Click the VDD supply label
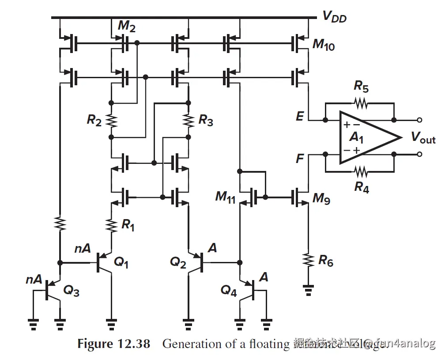(x=334, y=17)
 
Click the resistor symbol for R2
(x=111, y=120)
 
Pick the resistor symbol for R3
(x=189, y=120)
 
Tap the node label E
(x=300, y=117)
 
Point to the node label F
(x=300, y=158)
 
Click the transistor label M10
(x=323, y=45)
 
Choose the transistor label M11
(x=226, y=196)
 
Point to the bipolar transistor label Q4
(x=229, y=290)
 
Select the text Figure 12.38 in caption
(x=113, y=344)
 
